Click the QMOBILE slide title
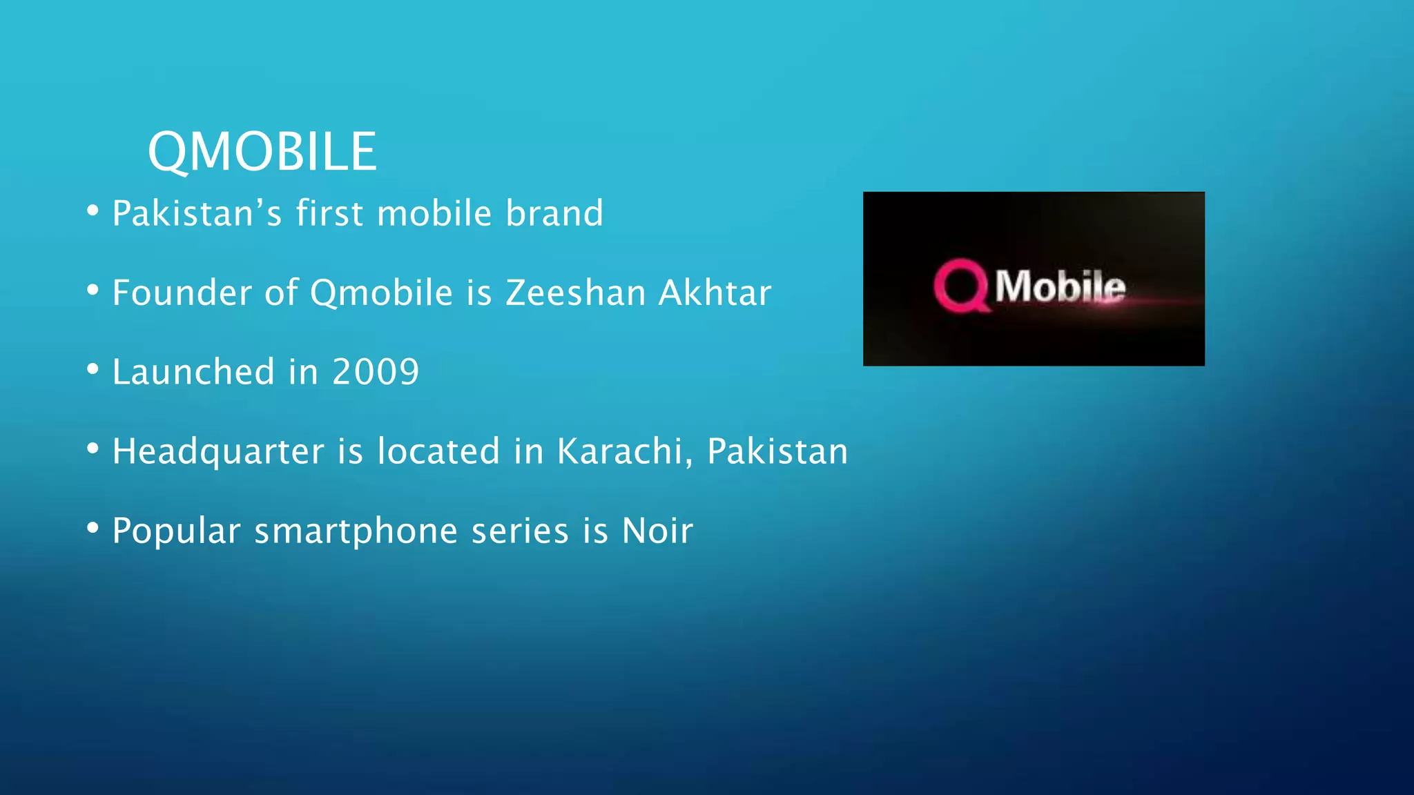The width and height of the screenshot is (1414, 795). pyautogui.click(x=262, y=152)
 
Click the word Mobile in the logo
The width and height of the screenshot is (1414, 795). pyautogui.click(x=1060, y=286)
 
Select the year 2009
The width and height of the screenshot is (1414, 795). pyautogui.click(x=376, y=372)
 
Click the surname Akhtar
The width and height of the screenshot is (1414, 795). pyautogui.click(x=715, y=293)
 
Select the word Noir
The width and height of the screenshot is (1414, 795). pyautogui.click(x=657, y=531)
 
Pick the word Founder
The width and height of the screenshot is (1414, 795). pyautogui.click(x=182, y=293)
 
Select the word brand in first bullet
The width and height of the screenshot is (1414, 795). pyautogui.click(x=554, y=213)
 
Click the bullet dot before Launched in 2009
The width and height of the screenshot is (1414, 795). pyautogui.click(x=93, y=369)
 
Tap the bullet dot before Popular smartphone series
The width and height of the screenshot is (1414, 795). pyautogui.click(x=93, y=528)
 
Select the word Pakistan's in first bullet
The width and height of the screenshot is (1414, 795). pyautogui.click(x=197, y=213)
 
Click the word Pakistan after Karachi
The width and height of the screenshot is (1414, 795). pyautogui.click(x=777, y=451)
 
